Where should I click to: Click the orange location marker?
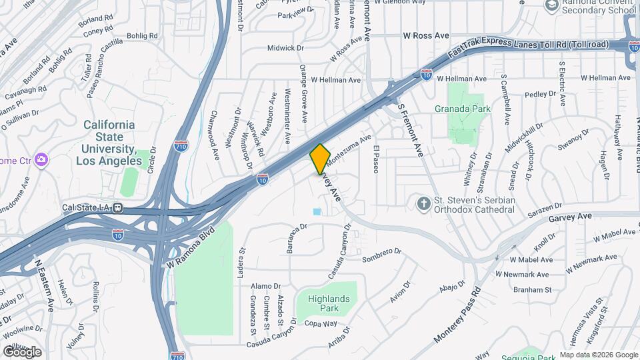pyautogui.click(x=320, y=158)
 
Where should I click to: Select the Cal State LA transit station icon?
pyautogui.click(x=117, y=207)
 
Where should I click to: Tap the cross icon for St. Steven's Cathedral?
pyautogui.click(x=422, y=203)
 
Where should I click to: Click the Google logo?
pyautogui.click(x=22, y=351)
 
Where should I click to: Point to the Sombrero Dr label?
pyautogui.click(x=383, y=254)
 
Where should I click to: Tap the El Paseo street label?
pyautogui.click(x=376, y=159)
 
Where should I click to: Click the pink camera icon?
pyautogui.click(x=41, y=160)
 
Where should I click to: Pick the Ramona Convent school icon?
pyautogui.click(x=551, y=5)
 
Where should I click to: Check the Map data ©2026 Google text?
pyautogui.click(x=599, y=355)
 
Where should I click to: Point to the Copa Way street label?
pyautogui.click(x=322, y=323)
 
